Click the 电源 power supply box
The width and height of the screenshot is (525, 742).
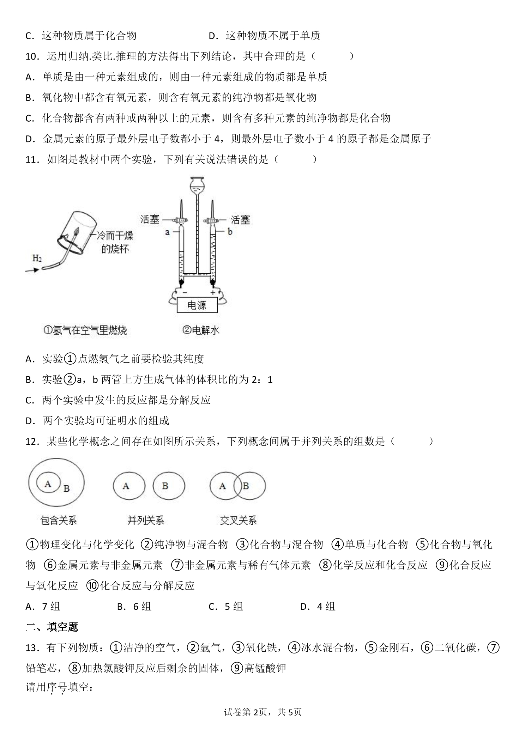[197, 305]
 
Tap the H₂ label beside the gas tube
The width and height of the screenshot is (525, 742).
[37, 259]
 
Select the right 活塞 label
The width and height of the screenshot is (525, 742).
[240, 220]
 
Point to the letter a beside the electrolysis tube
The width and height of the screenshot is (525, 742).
[168, 232]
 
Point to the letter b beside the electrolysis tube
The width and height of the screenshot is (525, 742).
[230, 232]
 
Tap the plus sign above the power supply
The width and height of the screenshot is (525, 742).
[213, 293]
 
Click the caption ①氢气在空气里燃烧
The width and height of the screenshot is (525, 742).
[85, 330]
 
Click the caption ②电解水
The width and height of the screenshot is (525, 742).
[201, 330]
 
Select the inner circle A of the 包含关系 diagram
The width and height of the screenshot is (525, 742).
[48, 483]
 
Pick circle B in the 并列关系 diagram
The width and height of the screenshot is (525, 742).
[169, 486]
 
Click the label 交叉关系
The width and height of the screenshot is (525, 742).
[238, 521]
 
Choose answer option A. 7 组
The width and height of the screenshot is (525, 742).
[43, 606]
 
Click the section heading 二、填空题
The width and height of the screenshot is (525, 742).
[52, 627]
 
